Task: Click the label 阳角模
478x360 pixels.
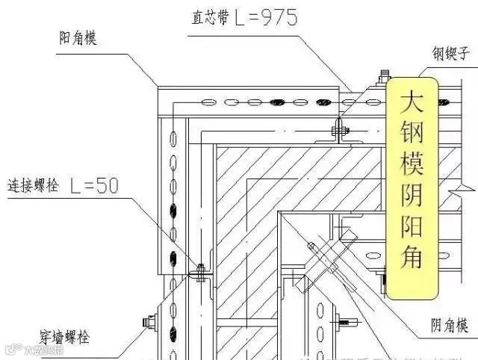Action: [78, 40]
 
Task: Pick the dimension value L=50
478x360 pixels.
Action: [93, 184]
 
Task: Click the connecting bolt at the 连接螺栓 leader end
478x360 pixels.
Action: [200, 270]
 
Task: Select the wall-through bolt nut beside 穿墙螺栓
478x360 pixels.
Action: [147, 323]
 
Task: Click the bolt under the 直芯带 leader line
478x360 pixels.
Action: [337, 131]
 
